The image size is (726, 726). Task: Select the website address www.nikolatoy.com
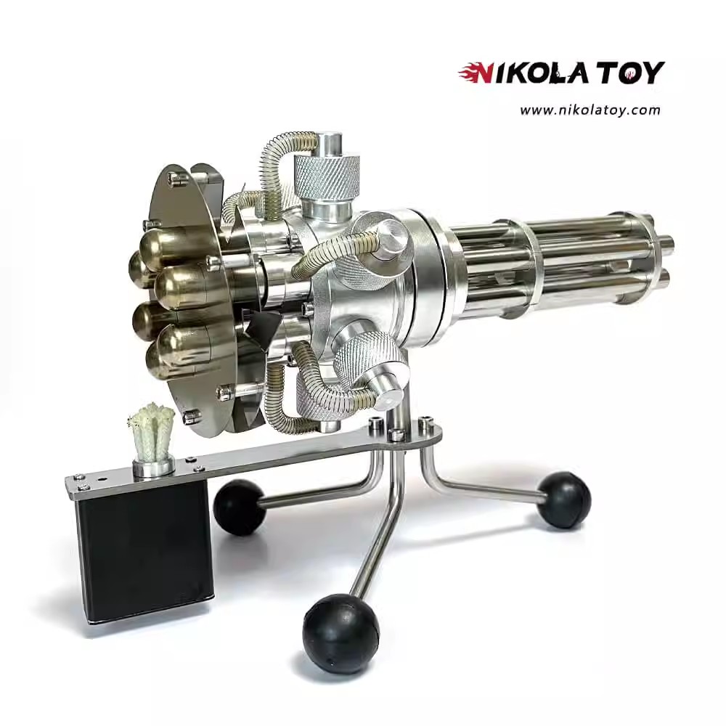click(x=590, y=110)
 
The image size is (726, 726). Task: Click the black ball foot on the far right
click(x=563, y=500)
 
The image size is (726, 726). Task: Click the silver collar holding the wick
click(x=152, y=468)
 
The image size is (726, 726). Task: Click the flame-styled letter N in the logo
click(x=476, y=73)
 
